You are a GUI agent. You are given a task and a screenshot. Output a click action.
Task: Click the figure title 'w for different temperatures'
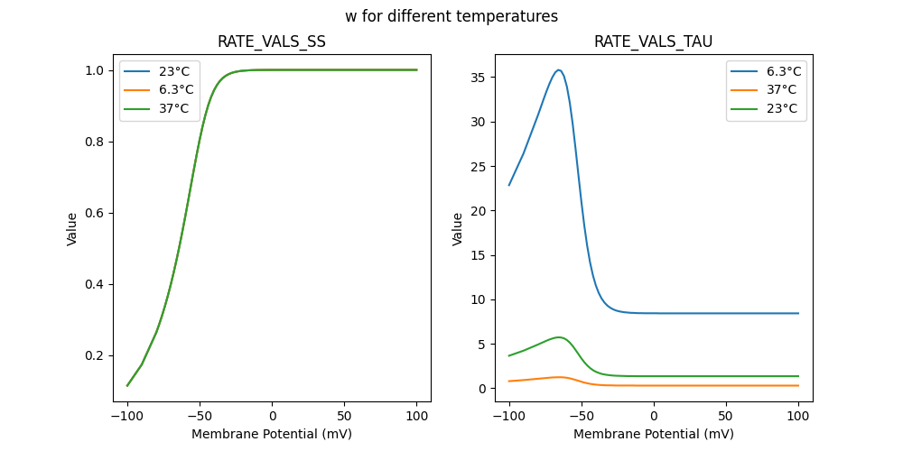click(x=451, y=16)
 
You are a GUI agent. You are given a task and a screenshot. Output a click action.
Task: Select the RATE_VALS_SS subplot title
click(x=272, y=41)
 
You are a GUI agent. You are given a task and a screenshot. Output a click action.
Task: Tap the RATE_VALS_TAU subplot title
click(x=654, y=41)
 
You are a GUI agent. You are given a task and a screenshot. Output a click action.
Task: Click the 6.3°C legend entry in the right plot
click(x=783, y=70)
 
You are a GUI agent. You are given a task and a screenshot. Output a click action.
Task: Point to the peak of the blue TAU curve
click(x=559, y=69)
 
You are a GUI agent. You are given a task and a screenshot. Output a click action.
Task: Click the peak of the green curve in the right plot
click(x=560, y=337)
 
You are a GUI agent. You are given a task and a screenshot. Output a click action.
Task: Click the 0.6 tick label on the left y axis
click(x=91, y=213)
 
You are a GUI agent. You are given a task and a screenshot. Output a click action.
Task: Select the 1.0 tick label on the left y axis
click(x=91, y=70)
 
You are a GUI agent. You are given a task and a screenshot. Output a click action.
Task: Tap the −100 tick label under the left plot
click(x=127, y=416)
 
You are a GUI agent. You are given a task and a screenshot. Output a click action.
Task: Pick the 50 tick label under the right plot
click(x=726, y=416)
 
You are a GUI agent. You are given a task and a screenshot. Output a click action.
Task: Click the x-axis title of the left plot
click(x=272, y=434)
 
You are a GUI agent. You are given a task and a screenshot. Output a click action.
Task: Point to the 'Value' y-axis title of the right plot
click(x=458, y=229)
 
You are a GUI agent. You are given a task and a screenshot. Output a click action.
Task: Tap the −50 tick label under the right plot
click(x=582, y=416)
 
